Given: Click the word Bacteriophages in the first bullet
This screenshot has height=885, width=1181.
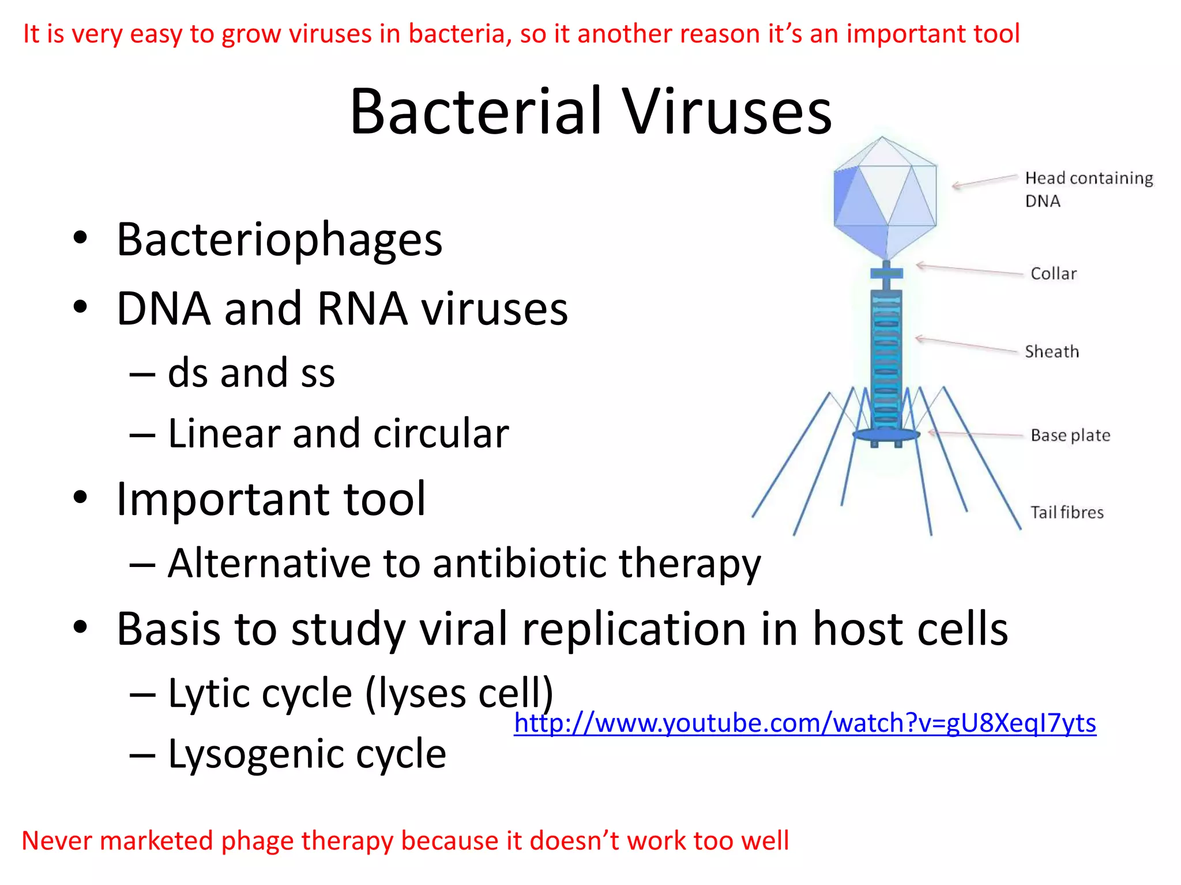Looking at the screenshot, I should coord(279,239).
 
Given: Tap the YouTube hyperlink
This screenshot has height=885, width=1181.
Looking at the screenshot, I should coord(804,723).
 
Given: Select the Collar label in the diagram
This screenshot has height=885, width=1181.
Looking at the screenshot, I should coord(1053,274).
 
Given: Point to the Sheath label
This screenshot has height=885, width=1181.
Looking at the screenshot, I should coord(1051,351).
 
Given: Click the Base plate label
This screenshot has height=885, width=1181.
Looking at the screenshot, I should coord(1070,436).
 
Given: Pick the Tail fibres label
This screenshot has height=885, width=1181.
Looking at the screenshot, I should coord(1066,512).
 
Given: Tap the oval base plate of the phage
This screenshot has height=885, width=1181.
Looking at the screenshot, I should coord(886,434).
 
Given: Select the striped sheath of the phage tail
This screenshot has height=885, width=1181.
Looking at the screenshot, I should coord(886,357).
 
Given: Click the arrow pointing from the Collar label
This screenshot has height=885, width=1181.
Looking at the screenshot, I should coord(969,269).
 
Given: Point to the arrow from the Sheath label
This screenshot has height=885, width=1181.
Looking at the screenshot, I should coord(966,345).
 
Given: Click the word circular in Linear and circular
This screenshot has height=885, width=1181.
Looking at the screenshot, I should coord(441,433).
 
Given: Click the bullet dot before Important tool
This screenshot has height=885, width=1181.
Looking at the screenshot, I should coord(80,497).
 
